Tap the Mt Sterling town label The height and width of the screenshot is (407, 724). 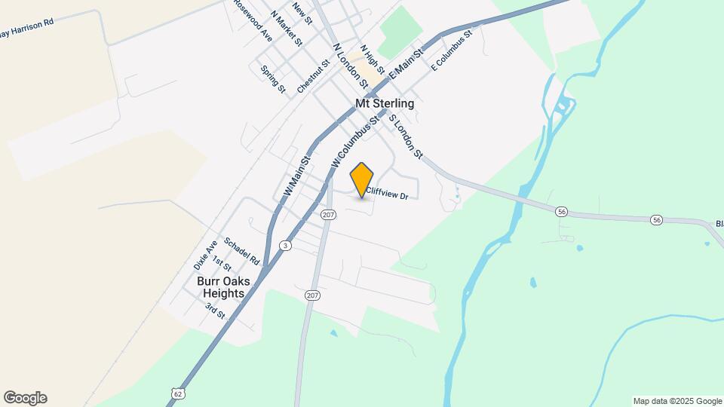tap(385, 103)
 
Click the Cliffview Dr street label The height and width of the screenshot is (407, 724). tap(386, 194)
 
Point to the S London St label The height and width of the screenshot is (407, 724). tap(405, 136)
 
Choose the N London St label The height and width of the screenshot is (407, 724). tap(351, 65)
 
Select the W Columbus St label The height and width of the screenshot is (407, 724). tap(354, 141)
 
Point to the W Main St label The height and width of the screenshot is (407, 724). tap(297, 177)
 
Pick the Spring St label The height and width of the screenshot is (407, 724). tap(273, 80)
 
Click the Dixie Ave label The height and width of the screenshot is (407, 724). tap(205, 255)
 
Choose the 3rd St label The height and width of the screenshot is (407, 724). tap(215, 310)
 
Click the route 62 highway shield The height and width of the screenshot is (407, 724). tap(177, 393)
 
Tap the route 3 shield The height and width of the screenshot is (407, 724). tap(285, 246)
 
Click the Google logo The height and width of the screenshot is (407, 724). tap(25, 398)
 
